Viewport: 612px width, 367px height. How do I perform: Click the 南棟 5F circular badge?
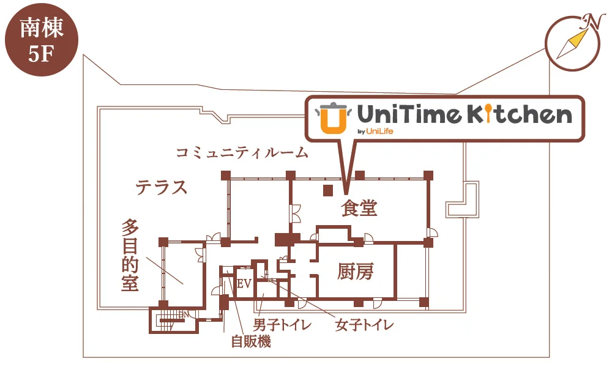[x=42, y=39]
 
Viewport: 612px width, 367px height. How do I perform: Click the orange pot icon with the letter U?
[x=333, y=118]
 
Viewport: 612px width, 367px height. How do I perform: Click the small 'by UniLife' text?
[x=375, y=131]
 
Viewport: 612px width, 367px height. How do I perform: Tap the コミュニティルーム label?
[x=242, y=152]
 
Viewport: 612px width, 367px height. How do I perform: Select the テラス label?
[x=162, y=187]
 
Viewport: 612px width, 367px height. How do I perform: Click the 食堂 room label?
[x=359, y=208]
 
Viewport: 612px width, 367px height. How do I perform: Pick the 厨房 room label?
[x=356, y=272]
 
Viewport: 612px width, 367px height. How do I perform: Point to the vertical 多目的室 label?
[x=130, y=255]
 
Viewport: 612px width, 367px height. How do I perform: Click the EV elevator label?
[x=244, y=284]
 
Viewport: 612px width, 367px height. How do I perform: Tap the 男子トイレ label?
[x=282, y=324]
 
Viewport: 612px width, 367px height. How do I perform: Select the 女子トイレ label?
[x=364, y=324]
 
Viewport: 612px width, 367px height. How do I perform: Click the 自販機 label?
[x=251, y=341]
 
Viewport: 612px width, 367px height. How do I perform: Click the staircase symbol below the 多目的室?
[x=172, y=320]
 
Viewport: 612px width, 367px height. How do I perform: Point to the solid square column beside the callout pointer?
[x=328, y=190]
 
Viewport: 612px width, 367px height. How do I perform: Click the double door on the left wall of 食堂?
[x=294, y=213]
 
